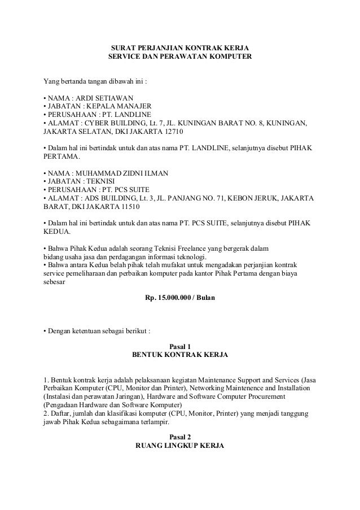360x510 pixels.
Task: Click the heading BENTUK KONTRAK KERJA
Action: click(x=180, y=355)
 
